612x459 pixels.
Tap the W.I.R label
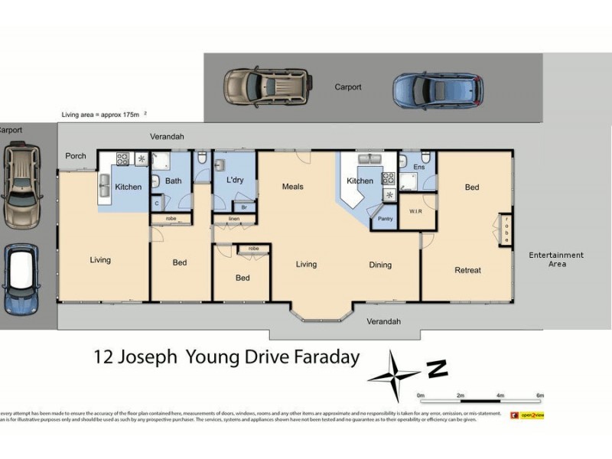point(418,211)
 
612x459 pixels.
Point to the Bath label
point(173,181)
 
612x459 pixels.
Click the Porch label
point(76,156)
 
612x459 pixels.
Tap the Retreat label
point(467,270)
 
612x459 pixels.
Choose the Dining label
point(380,265)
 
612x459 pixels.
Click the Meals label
point(293,186)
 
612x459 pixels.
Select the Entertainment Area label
point(556,259)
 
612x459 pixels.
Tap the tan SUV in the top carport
point(266,86)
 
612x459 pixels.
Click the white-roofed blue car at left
point(21,279)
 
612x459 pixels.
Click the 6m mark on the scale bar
point(540,396)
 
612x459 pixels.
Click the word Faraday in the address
point(323,357)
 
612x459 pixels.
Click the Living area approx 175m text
point(103,114)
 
